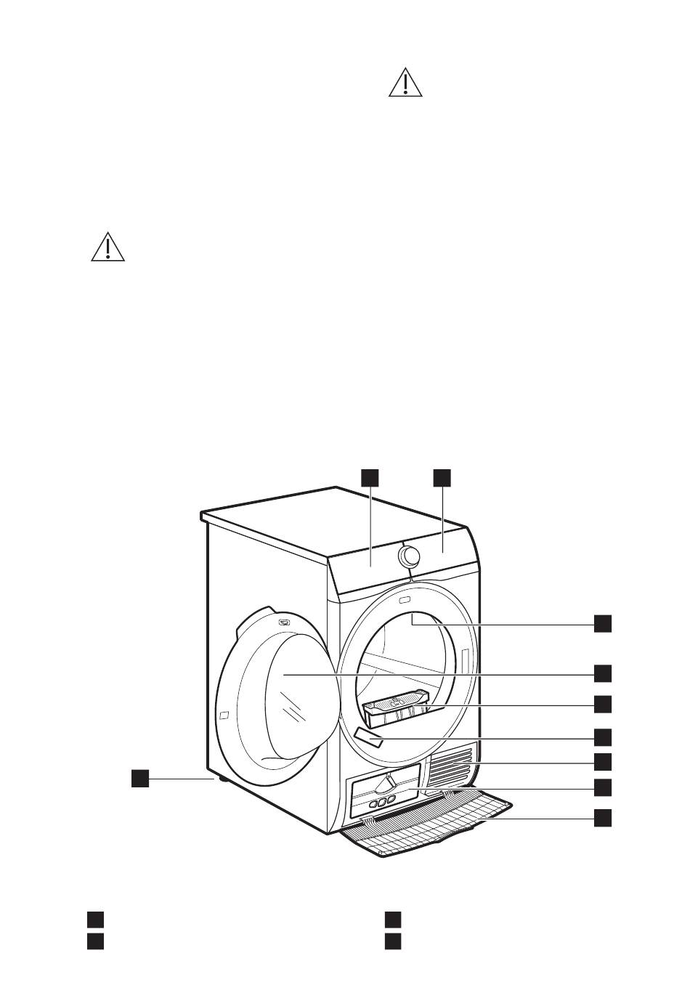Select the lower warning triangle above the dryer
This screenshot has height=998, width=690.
[108, 247]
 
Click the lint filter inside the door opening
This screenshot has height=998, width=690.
[395, 709]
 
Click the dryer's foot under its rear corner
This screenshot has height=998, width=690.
[217, 779]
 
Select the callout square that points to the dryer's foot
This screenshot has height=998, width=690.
[140, 778]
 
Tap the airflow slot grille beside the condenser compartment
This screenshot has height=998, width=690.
[453, 766]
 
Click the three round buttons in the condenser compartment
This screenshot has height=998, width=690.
[381, 802]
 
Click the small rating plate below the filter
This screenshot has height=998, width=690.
[370, 739]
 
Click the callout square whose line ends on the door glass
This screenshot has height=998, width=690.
[602, 673]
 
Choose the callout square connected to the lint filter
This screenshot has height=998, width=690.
[602, 704]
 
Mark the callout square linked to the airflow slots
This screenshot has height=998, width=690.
[602, 761]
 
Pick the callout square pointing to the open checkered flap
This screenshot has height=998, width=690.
[602, 817]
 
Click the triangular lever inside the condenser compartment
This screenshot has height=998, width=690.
[389, 783]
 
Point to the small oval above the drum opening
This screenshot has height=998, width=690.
[405, 600]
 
